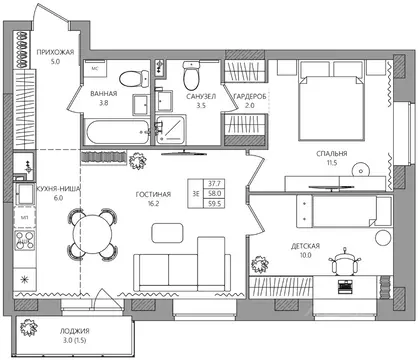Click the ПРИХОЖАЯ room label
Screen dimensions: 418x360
(55, 52)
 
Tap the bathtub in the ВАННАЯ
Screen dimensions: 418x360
(117, 132)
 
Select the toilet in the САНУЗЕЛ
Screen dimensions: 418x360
(191, 76)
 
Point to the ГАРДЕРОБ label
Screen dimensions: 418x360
(250, 97)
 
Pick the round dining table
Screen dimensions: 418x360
(92, 234)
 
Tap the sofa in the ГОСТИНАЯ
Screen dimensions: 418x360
(182, 264)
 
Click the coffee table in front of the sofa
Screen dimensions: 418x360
(167, 233)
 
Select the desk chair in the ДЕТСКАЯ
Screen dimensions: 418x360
(345, 262)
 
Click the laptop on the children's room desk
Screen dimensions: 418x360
(345, 287)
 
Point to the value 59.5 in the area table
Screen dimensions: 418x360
(214, 203)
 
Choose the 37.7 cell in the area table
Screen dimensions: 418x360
(214, 183)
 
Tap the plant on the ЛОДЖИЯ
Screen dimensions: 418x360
(28, 328)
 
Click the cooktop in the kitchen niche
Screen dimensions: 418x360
(25, 240)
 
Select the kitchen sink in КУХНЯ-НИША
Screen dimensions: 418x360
(24, 194)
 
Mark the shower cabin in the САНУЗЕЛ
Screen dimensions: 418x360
(171, 130)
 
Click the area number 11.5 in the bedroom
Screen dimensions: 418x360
(332, 163)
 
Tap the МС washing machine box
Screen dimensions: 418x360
(95, 69)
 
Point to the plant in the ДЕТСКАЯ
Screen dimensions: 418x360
(260, 264)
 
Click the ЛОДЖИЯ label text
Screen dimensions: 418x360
(75, 331)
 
